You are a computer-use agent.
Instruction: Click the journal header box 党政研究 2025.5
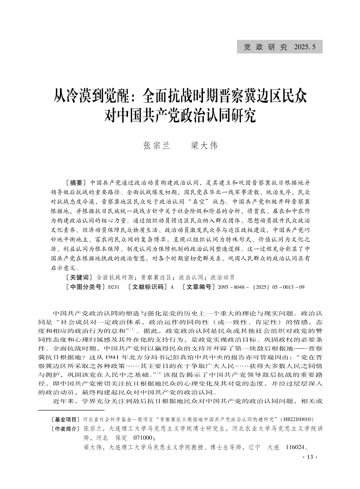[x=280, y=46]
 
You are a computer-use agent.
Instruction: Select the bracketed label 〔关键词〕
[x=78, y=277]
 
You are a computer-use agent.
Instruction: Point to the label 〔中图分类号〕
[x=84, y=286]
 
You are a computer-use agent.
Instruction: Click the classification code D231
[x=113, y=287]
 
